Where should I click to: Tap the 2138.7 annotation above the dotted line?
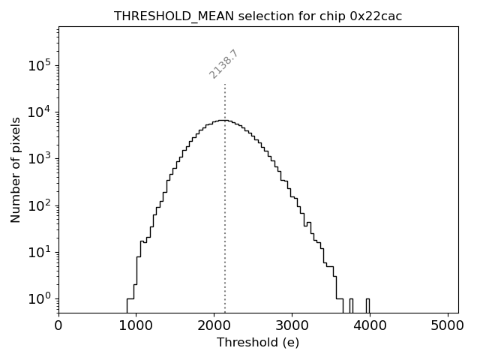click(223, 64)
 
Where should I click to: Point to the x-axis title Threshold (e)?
click(258, 343)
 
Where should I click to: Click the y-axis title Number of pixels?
click(16, 169)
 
